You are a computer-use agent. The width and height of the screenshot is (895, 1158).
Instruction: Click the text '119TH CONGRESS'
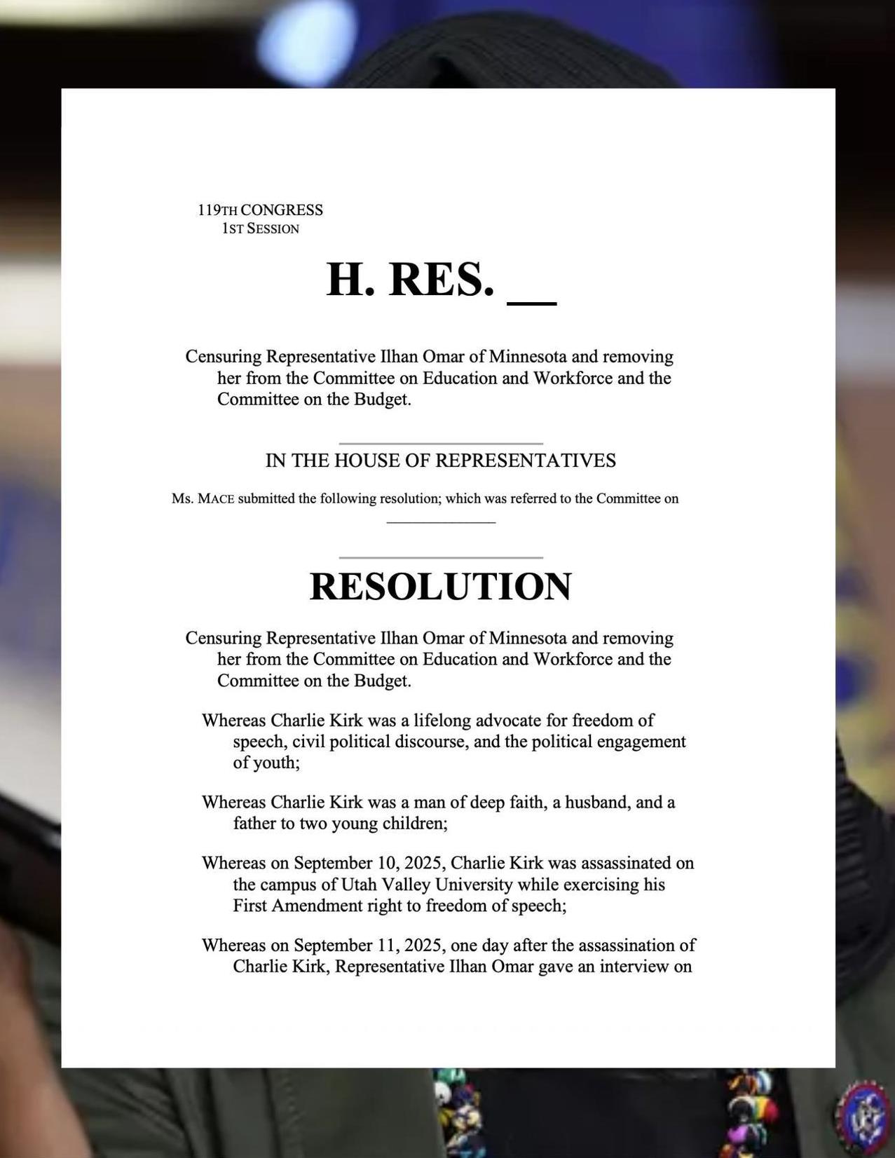pyautogui.click(x=260, y=210)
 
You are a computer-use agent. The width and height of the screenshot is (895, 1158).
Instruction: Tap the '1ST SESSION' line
pyautogui.click(x=260, y=229)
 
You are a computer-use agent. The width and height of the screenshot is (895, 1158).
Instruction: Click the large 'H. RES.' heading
pyautogui.click(x=410, y=280)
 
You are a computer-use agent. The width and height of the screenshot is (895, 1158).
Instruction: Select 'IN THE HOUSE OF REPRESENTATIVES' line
pyautogui.click(x=440, y=461)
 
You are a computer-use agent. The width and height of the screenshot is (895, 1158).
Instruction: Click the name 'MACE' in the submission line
pyautogui.click(x=216, y=499)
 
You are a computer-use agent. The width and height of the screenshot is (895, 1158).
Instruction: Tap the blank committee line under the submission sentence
pyautogui.click(x=441, y=522)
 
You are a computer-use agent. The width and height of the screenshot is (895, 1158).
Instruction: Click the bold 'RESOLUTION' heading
pyautogui.click(x=440, y=586)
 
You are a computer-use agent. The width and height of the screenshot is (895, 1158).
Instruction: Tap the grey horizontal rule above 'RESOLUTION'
pyautogui.click(x=440, y=558)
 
